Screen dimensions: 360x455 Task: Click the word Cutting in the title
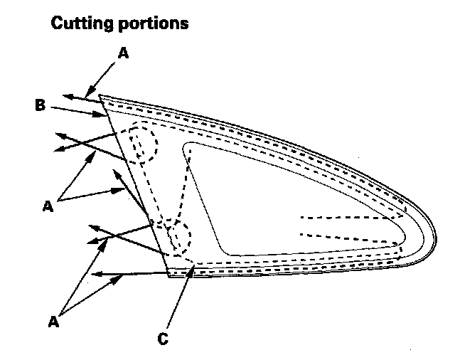point(79,23)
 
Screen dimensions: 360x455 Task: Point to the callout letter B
point(41,106)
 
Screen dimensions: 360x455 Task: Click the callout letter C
point(163,339)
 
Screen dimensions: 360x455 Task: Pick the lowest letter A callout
point(53,322)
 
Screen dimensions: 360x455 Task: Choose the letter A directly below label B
point(48,206)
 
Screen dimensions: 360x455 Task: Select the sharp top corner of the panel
point(100,95)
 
